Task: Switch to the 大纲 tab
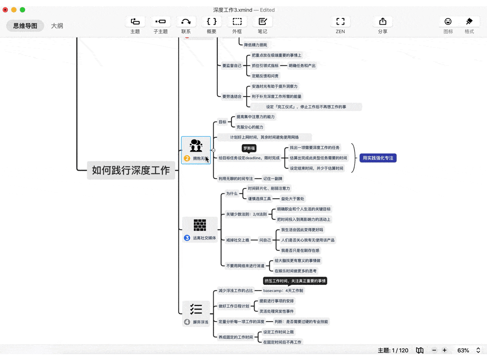pyautogui.click(x=57, y=26)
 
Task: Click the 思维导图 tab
pyautogui.click(x=25, y=26)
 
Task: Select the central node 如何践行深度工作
pyautogui.click(x=131, y=170)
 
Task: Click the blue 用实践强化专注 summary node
pyautogui.click(x=378, y=158)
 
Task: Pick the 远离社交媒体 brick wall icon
pyautogui.click(x=200, y=225)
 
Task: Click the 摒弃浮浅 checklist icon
pyautogui.click(x=196, y=309)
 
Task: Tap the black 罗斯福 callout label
pyautogui.click(x=249, y=148)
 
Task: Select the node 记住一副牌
pyautogui.click(x=273, y=179)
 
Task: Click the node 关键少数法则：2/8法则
pyautogui.click(x=246, y=214)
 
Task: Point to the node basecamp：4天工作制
pyautogui.click(x=283, y=291)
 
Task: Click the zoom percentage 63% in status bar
pyautogui.click(x=463, y=350)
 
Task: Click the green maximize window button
pyautogui.click(x=23, y=10)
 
